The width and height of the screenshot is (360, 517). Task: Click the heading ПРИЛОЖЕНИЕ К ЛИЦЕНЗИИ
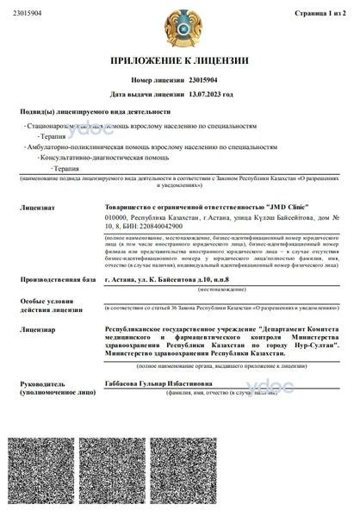(x=179, y=61)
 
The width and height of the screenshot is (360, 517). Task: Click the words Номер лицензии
(x=155, y=79)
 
